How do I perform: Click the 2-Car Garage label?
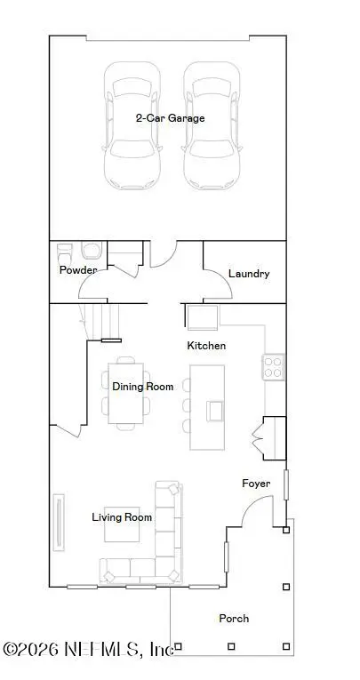tap(170, 118)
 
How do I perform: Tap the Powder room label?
tap(77, 270)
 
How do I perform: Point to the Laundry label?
tap(248, 274)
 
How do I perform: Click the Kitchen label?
tap(205, 345)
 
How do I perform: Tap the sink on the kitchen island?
tap(214, 410)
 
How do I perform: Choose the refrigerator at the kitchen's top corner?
tap(202, 316)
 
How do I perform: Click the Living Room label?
tap(122, 516)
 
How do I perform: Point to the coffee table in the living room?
tap(121, 527)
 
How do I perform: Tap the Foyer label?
tap(256, 484)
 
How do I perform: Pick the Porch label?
tap(234, 618)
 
